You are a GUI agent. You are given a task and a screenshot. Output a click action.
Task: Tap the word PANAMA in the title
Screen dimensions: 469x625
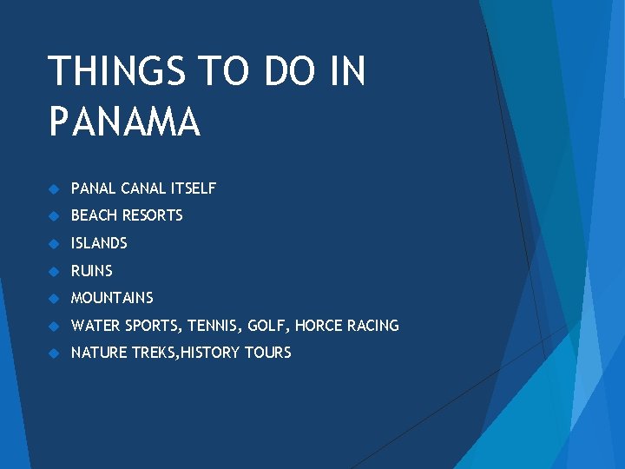click(124, 122)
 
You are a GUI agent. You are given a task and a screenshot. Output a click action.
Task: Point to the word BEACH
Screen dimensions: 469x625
click(94, 215)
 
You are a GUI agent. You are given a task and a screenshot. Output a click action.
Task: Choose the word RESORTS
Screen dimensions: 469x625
click(153, 215)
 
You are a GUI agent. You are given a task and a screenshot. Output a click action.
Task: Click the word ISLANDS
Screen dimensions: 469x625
click(99, 243)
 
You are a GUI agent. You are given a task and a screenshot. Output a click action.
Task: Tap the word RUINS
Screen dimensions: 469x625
click(92, 271)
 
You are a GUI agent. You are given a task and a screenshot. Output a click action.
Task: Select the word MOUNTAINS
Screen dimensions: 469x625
click(112, 298)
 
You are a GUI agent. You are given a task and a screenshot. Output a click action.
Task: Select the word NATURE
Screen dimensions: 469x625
click(96, 353)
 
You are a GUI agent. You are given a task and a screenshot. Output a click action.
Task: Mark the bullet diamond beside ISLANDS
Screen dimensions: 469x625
click(53, 243)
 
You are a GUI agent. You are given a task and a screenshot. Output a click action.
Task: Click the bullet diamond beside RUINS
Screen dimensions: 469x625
click(53, 271)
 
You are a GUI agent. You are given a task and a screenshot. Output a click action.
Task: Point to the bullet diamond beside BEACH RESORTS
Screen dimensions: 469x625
click(53, 215)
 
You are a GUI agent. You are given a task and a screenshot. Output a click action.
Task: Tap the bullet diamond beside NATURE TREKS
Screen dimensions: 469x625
click(53, 353)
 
